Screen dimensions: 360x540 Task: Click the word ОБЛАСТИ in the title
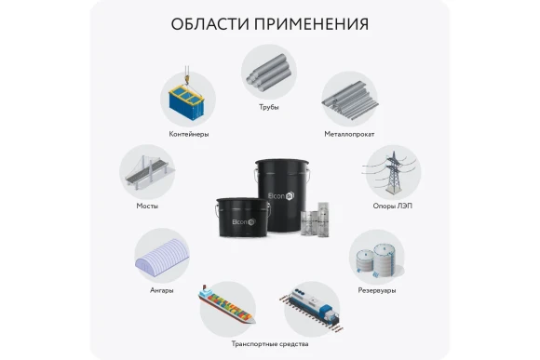pyautogui.click(x=208, y=23)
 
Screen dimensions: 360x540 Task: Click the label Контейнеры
pyautogui.click(x=189, y=134)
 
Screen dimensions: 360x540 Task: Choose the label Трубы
pyautogui.click(x=268, y=107)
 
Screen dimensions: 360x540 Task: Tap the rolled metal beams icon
pyautogui.click(x=346, y=96)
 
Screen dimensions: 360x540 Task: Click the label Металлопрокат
pyautogui.click(x=347, y=134)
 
